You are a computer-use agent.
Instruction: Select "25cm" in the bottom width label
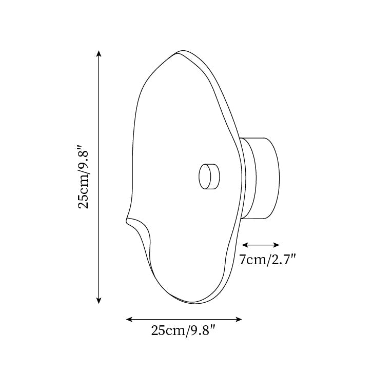click(x=167, y=331)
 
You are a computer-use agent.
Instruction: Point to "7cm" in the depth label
click(x=252, y=260)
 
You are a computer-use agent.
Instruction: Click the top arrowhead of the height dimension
click(x=99, y=53)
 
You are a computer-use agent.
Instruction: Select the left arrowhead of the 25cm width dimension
click(x=128, y=320)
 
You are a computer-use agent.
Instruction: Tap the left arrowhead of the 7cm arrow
click(x=244, y=245)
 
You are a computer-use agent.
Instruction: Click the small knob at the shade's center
click(x=209, y=176)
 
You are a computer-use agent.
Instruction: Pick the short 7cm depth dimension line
click(x=261, y=245)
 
